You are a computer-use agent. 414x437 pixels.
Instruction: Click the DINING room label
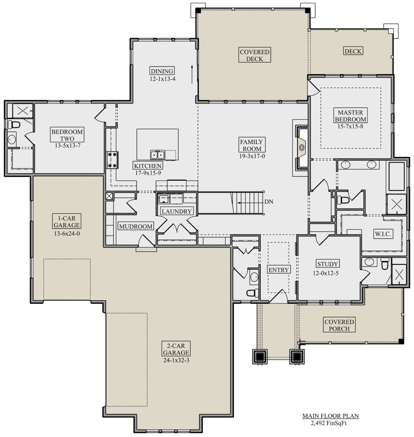[162, 71]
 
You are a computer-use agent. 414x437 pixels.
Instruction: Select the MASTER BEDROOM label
[350, 116]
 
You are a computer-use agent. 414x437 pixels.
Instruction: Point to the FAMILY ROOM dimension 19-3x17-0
[252, 156]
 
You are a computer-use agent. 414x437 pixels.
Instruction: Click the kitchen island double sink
[157, 155]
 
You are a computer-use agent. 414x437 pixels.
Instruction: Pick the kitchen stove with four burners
[112, 160]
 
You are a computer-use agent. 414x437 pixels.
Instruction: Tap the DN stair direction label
[268, 201]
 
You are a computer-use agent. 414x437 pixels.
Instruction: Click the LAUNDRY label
[177, 211]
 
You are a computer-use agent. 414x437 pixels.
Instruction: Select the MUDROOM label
[136, 226]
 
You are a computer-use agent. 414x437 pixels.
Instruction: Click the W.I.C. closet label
[383, 234]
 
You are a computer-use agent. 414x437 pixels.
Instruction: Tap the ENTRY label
[279, 270]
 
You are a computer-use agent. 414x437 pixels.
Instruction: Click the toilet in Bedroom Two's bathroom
[14, 124]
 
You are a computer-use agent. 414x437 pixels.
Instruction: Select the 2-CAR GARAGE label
[176, 349]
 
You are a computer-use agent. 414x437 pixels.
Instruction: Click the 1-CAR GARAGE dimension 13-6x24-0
[67, 233]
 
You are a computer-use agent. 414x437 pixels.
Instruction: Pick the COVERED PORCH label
[339, 325]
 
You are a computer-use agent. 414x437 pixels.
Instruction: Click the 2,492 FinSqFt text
[329, 423]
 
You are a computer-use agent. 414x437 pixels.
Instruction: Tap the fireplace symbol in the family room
[301, 147]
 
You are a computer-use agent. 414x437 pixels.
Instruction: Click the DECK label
[353, 51]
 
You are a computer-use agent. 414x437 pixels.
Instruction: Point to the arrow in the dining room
[192, 74]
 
